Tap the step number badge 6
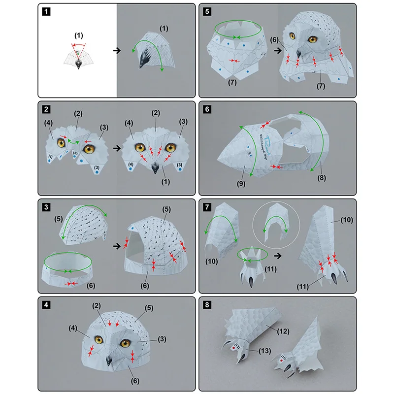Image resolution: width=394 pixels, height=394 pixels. click(207, 109)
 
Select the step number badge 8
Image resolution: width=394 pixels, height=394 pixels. click(207, 304)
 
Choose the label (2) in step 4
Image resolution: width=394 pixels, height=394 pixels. click(97, 306)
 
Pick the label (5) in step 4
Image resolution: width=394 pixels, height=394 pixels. click(148, 308)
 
